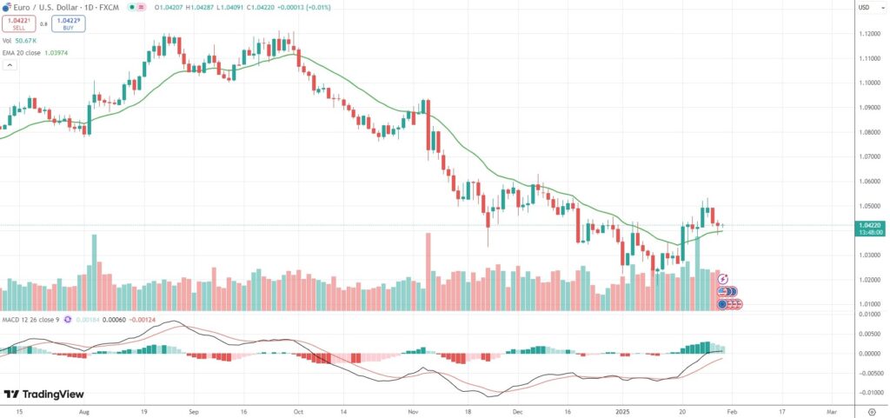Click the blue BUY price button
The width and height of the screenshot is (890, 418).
[x=68, y=23]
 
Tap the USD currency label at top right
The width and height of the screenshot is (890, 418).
[x=864, y=8]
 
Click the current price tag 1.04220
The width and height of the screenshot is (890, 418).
[x=870, y=225]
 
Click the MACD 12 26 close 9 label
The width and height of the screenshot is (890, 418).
[x=30, y=320]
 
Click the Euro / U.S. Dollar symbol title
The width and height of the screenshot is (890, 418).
[x=60, y=7]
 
